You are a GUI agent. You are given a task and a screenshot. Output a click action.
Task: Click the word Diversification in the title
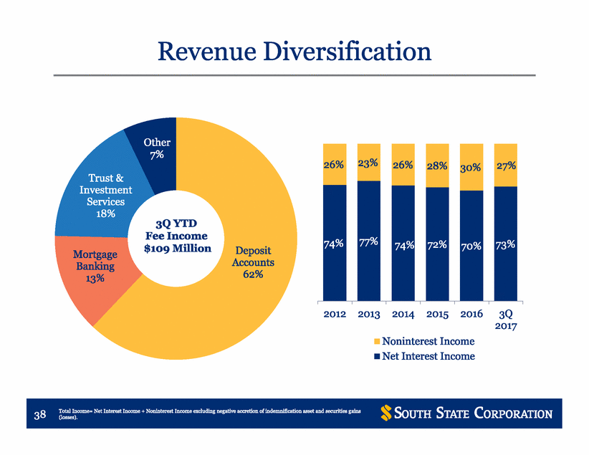pyautogui.click(x=348, y=51)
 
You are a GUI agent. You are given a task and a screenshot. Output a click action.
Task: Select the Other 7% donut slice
pyautogui.click(x=157, y=150)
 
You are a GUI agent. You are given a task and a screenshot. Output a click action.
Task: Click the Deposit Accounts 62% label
pyautogui.click(x=253, y=262)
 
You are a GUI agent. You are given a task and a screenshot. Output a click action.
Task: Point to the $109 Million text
pyautogui.click(x=177, y=249)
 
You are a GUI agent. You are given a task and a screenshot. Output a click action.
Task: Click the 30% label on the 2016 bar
pyautogui.click(x=471, y=168)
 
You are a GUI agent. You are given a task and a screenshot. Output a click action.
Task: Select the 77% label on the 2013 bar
pyautogui.click(x=368, y=241)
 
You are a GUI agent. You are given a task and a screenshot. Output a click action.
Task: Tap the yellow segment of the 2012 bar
pyautogui.click(x=335, y=164)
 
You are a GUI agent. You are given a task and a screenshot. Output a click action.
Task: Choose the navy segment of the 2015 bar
pyautogui.click(x=437, y=244)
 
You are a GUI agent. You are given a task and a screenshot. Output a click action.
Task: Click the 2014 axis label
pyautogui.click(x=403, y=314)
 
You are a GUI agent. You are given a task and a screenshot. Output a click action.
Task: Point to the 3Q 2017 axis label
pyautogui.click(x=506, y=320)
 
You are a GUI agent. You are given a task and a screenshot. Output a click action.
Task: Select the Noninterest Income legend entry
pyautogui.click(x=424, y=341)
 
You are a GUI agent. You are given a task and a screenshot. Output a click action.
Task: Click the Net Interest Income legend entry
pyautogui.click(x=424, y=356)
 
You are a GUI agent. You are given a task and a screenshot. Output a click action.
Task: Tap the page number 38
pyautogui.click(x=40, y=414)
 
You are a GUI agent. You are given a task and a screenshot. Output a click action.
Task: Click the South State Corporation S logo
pyautogui.click(x=386, y=413)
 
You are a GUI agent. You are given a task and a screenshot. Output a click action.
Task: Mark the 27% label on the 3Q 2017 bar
pyautogui.click(x=506, y=166)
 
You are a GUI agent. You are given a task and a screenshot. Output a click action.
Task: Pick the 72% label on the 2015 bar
pyautogui.click(x=437, y=245)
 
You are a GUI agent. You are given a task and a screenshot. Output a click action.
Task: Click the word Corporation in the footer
pyautogui.click(x=513, y=413)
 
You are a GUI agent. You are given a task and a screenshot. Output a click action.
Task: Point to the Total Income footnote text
pyautogui.click(x=210, y=413)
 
